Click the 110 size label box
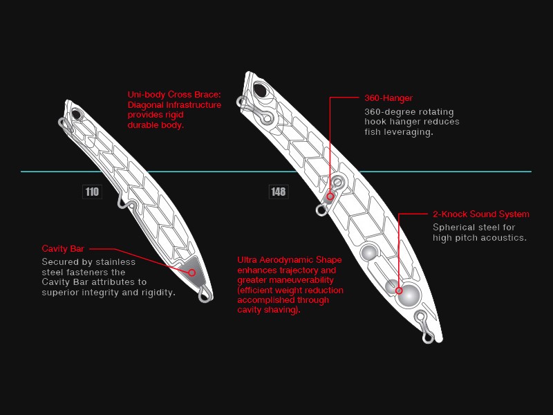(x=92, y=192)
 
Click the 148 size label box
(x=279, y=192)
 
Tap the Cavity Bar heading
(x=63, y=249)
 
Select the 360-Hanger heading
(x=388, y=98)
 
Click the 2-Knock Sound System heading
(x=481, y=214)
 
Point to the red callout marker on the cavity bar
(x=192, y=273)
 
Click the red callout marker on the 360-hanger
(x=330, y=196)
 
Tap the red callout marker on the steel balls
(x=399, y=290)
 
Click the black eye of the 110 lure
(x=76, y=114)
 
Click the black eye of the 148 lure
(x=261, y=90)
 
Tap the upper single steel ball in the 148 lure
(x=369, y=252)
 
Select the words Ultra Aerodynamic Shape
(x=290, y=260)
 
